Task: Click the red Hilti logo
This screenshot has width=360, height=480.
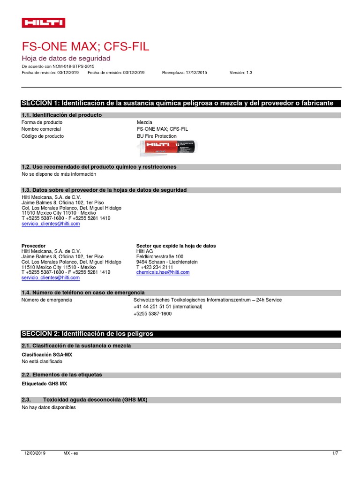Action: click(44, 22)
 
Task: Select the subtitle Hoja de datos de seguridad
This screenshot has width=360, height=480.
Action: click(66, 59)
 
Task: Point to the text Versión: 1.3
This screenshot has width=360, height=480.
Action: click(241, 73)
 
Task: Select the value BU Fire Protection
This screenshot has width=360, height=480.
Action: click(157, 136)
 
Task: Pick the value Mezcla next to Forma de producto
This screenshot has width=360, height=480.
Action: click(144, 122)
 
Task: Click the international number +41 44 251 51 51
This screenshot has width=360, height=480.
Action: click(168, 307)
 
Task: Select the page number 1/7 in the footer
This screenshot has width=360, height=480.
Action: click(335, 453)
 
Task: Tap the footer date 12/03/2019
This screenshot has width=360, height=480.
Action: click(35, 453)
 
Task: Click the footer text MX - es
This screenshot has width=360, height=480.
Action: click(71, 453)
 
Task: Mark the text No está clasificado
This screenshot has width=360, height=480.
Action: click(42, 361)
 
